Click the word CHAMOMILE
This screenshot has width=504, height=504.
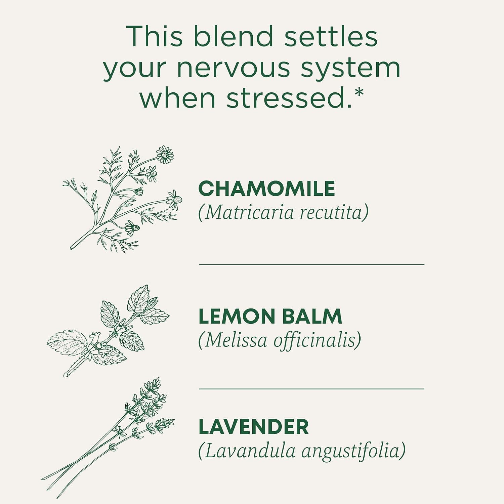pos(266,188)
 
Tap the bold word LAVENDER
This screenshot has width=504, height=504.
pos(254,427)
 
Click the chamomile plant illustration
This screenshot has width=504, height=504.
pos(123,199)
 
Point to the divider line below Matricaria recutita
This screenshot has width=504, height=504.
pos(311,264)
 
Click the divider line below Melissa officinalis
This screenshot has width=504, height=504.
pos(311,389)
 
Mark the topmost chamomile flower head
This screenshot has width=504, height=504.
pos(165,155)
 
